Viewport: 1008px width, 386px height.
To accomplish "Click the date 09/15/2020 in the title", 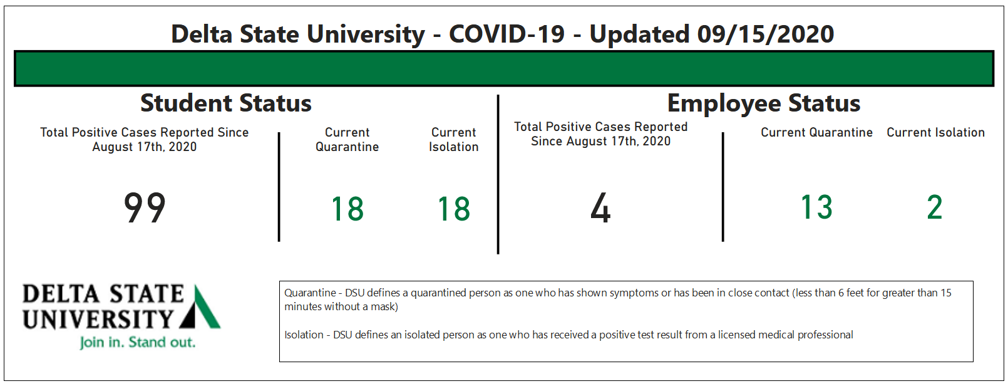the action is [766, 34].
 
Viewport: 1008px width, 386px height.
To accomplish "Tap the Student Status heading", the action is [226, 103].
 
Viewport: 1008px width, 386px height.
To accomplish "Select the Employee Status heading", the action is [764, 104].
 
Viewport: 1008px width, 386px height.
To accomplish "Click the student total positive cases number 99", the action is [145, 207].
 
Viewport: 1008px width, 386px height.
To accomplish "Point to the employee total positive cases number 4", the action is [601, 207].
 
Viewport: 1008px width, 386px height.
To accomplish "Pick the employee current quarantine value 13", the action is [817, 207].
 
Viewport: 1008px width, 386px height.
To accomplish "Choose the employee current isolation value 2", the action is [935, 207].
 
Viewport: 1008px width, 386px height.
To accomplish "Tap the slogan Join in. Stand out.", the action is [138, 342].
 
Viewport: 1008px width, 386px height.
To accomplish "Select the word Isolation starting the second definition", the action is [304, 335].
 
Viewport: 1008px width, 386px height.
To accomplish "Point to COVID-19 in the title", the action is [507, 34].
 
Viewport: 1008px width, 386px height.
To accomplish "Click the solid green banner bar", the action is [504, 68].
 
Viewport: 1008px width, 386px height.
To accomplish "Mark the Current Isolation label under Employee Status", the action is [935, 132].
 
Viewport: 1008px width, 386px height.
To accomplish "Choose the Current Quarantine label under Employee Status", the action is [817, 132].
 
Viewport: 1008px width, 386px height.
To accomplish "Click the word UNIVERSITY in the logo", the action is [98, 320].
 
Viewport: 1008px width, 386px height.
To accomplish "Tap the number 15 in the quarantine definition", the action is [946, 293].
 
